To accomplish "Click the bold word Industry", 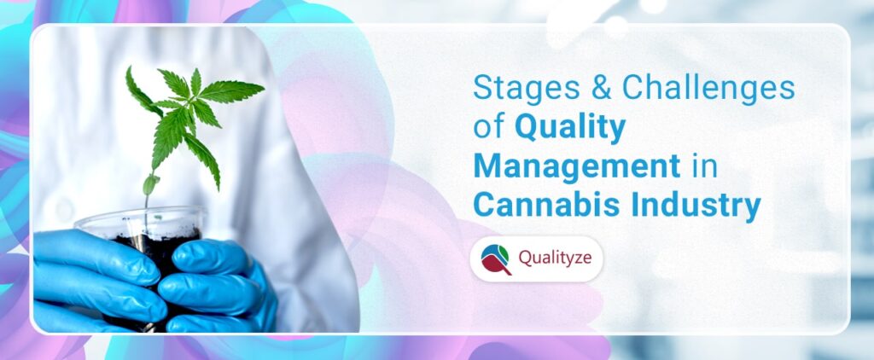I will (691, 206).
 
